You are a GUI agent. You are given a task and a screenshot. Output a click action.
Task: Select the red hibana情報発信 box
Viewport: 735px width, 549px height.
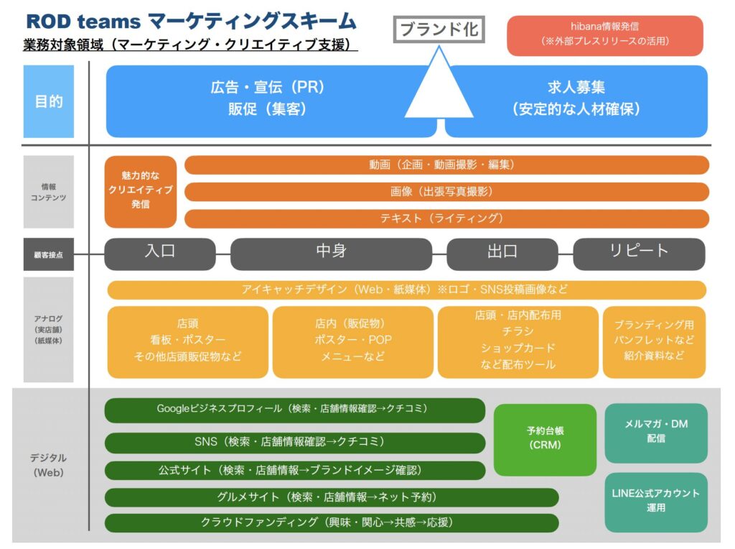[605, 35]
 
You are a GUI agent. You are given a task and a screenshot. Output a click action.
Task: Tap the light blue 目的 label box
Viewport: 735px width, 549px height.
[49, 101]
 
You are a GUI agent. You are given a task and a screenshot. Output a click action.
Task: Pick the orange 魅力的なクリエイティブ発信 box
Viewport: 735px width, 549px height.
[141, 192]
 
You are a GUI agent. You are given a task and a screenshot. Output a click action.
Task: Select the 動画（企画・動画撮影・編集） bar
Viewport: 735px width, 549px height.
[446, 165]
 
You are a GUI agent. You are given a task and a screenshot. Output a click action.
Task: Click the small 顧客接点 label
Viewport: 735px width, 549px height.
[49, 254]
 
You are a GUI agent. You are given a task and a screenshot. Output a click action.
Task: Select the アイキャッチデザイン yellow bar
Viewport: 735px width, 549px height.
[406, 290]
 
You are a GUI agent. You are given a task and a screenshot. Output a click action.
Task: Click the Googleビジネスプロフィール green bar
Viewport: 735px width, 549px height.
[295, 410]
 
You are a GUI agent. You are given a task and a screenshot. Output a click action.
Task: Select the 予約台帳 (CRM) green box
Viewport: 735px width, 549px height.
[545, 439]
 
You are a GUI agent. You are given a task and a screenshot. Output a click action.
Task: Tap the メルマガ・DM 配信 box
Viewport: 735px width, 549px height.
[655, 432]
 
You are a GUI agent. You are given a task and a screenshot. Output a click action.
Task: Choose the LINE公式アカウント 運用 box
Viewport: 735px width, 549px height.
[655, 500]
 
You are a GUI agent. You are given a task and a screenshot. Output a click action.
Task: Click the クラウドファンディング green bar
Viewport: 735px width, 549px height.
[332, 522]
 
